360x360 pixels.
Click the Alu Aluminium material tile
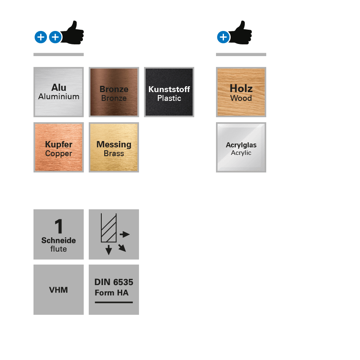pyautogui.click(x=59, y=92)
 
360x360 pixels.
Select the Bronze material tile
pyautogui.click(x=114, y=92)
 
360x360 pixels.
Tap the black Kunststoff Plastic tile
pyautogui.click(x=169, y=92)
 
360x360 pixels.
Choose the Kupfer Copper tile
pyautogui.click(x=59, y=147)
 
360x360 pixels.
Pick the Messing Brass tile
pyautogui.click(x=114, y=147)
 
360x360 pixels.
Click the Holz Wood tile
pyautogui.click(x=241, y=92)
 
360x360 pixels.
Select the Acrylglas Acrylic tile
pyautogui.click(x=241, y=147)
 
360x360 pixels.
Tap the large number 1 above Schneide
pyautogui.click(x=59, y=227)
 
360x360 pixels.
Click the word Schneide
pyautogui.click(x=59, y=241)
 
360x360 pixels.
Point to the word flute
pyautogui.click(x=59, y=249)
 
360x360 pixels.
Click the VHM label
pyautogui.click(x=59, y=290)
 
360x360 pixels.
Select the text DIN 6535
pyautogui.click(x=114, y=282)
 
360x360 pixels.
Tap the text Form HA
pyautogui.click(x=111, y=293)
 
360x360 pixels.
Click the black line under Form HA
pyautogui.click(x=114, y=302)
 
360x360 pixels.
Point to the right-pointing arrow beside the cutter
pyautogui.click(x=125, y=234)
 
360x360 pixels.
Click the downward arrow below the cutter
pyautogui.click(x=109, y=250)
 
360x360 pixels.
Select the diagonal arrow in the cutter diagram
pyautogui.click(x=122, y=247)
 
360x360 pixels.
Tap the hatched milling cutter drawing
pyautogui.click(x=108, y=228)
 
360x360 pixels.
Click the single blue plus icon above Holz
pyautogui.click(x=223, y=37)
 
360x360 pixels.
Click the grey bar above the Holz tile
pyautogui.click(x=241, y=54)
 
